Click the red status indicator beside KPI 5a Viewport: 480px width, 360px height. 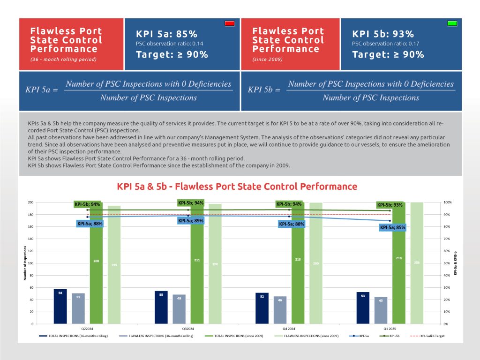(x=230, y=23)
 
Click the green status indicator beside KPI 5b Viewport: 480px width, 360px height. (x=452, y=23)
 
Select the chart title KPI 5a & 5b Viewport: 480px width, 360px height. (x=237, y=187)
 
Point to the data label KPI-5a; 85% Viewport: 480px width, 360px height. (x=392, y=227)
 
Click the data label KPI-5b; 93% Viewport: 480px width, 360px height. (x=390, y=205)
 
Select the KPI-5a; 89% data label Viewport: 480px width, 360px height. (x=191, y=220)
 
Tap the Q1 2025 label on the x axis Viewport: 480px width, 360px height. (x=390, y=329)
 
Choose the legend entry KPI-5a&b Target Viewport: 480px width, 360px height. (x=428, y=336)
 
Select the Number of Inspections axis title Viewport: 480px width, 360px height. (x=25, y=263)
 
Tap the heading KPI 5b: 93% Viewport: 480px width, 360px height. (x=383, y=34)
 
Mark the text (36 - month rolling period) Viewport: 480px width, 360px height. (x=63, y=60)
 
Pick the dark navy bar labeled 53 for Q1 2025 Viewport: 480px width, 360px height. (x=363, y=307)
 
